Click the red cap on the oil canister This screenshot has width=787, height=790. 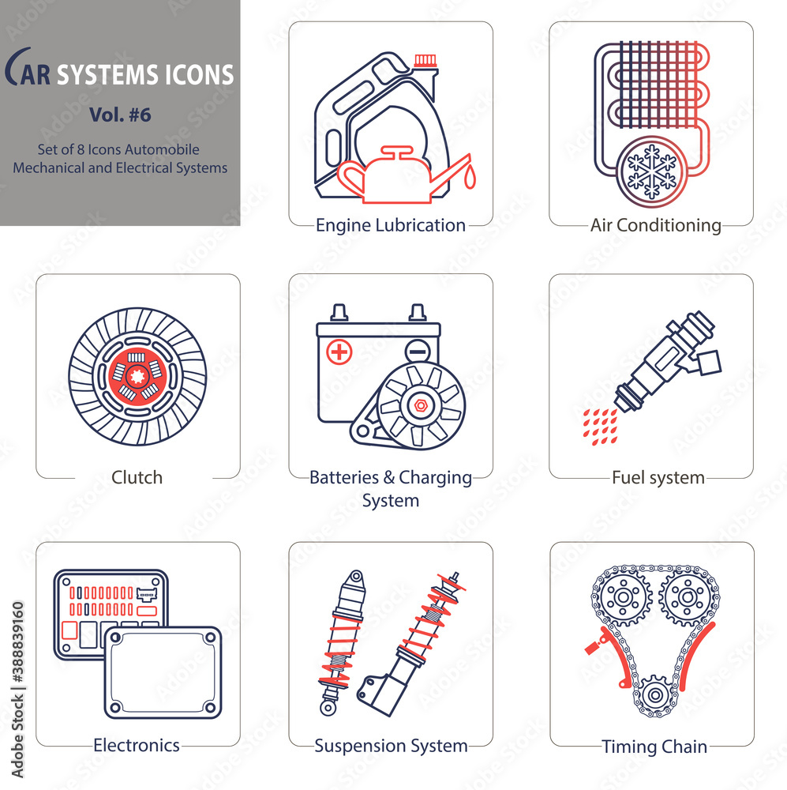tap(425, 61)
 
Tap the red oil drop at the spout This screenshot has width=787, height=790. tap(470, 178)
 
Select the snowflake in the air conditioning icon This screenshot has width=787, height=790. tap(652, 171)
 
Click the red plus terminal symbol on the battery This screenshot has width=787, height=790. tap(339, 352)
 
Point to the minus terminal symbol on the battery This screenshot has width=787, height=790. tap(418, 350)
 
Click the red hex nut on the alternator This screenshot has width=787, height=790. tap(421, 405)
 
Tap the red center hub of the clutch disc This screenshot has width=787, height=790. tap(137, 376)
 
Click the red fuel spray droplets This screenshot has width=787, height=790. tap(600, 427)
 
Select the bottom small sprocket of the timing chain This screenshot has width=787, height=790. tap(655, 695)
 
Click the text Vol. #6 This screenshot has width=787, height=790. tap(120, 115)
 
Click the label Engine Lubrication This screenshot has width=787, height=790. tap(390, 225)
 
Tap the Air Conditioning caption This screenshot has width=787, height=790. tap(656, 225)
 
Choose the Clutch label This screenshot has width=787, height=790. tap(137, 477)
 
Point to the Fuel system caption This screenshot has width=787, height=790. tap(658, 478)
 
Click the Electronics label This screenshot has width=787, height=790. tap(137, 745)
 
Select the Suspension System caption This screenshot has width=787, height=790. tap(391, 746)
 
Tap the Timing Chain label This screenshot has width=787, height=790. tap(654, 747)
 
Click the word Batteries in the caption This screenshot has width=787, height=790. tap(344, 477)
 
